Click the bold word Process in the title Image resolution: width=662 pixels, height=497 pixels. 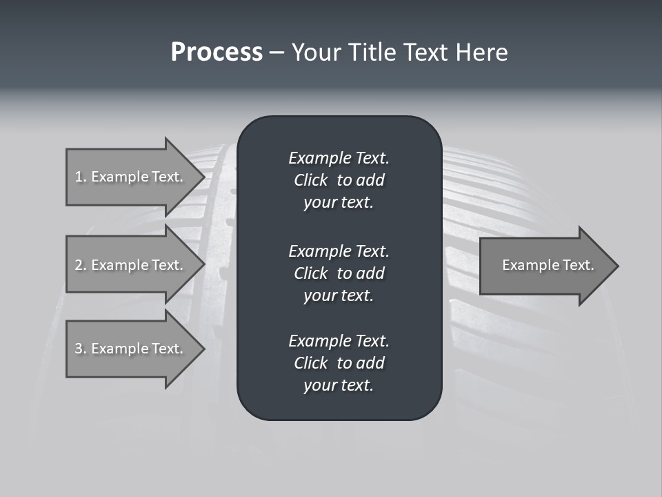[217, 52]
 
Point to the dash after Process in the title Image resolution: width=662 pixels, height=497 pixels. [277, 53]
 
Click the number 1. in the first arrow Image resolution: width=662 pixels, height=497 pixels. [81, 177]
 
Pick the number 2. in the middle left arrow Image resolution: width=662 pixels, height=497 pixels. [81, 265]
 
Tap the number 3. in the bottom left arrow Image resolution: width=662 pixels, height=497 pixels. [81, 349]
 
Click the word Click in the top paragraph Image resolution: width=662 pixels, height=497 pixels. [311, 180]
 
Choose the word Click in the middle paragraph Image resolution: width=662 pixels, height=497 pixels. [311, 273]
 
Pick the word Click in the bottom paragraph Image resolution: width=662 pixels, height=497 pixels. [311, 363]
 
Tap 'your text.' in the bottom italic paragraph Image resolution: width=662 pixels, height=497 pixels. [339, 386]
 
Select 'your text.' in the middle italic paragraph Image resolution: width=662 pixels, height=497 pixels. [339, 295]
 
